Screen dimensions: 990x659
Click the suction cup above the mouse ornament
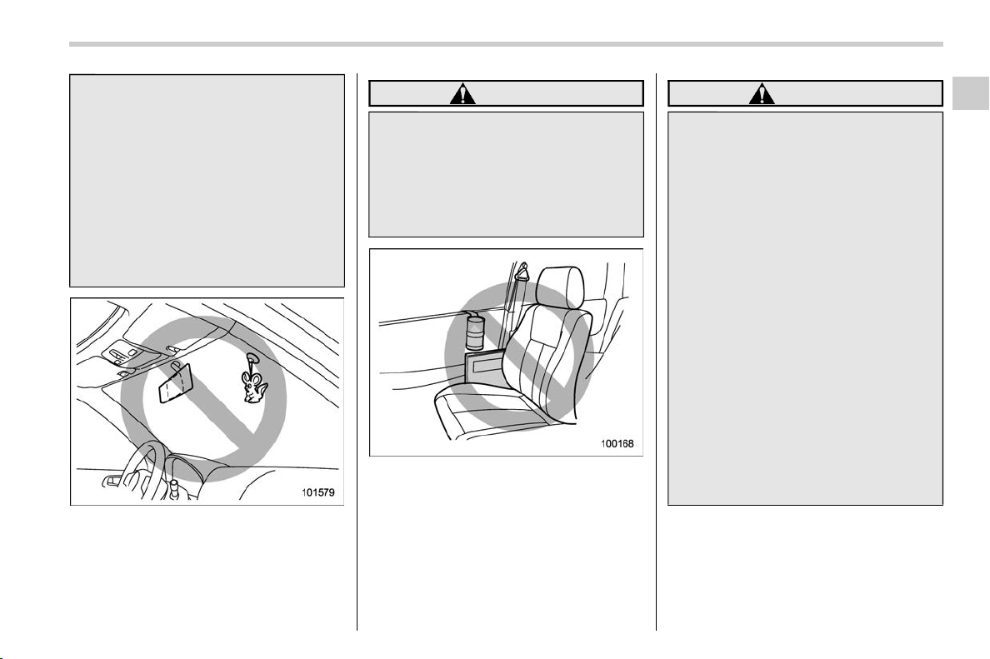(x=252, y=357)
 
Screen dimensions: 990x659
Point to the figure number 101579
(x=317, y=492)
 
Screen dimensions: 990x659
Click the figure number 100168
(x=617, y=444)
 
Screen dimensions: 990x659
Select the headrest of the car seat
(x=560, y=286)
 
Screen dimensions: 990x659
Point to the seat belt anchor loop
(x=522, y=272)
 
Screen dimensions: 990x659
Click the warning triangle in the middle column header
(x=462, y=95)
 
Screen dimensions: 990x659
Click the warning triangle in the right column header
(x=762, y=95)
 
